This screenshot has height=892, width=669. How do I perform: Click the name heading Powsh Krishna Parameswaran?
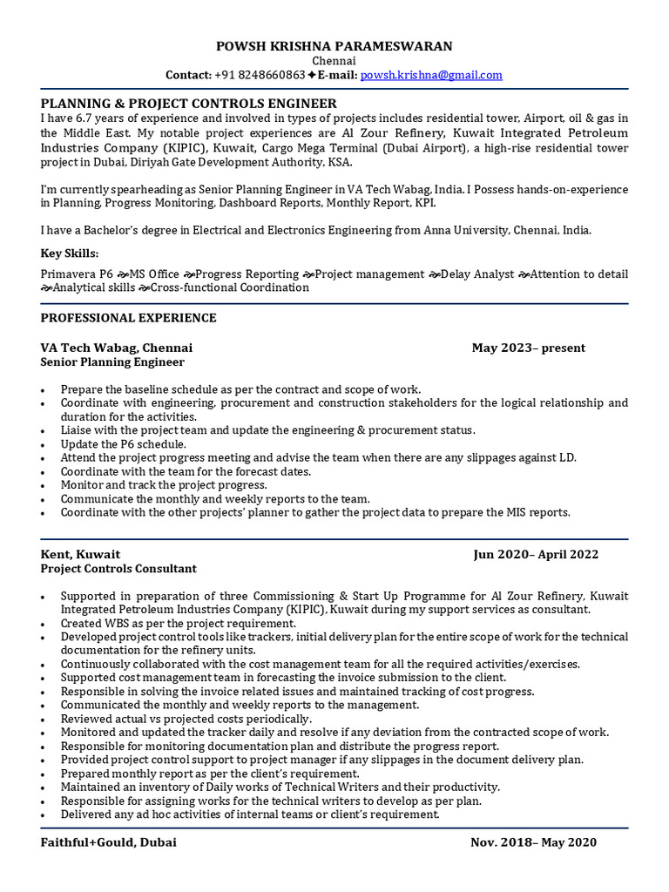[x=334, y=45]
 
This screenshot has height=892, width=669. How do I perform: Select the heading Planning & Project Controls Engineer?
[x=188, y=104]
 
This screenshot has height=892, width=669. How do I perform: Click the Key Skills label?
[x=70, y=253]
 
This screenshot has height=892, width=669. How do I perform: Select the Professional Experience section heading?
[x=128, y=318]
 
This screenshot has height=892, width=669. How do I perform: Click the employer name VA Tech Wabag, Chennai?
[x=117, y=348]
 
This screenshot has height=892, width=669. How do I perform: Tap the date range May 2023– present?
[x=528, y=348]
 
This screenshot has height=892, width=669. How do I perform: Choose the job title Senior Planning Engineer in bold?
[x=112, y=362]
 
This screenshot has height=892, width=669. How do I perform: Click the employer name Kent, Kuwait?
[x=80, y=554]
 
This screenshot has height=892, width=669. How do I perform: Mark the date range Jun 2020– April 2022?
[x=536, y=554]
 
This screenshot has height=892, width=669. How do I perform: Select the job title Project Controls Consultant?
[x=118, y=568]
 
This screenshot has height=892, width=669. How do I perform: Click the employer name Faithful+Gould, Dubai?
[x=108, y=842]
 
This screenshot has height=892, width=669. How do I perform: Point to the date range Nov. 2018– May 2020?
[x=533, y=842]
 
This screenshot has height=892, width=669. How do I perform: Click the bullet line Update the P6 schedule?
[x=123, y=444]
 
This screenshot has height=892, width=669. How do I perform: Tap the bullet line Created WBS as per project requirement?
[x=178, y=624]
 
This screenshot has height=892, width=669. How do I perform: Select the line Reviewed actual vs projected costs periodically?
[x=186, y=719]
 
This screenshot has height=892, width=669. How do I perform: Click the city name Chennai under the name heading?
[x=334, y=61]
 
